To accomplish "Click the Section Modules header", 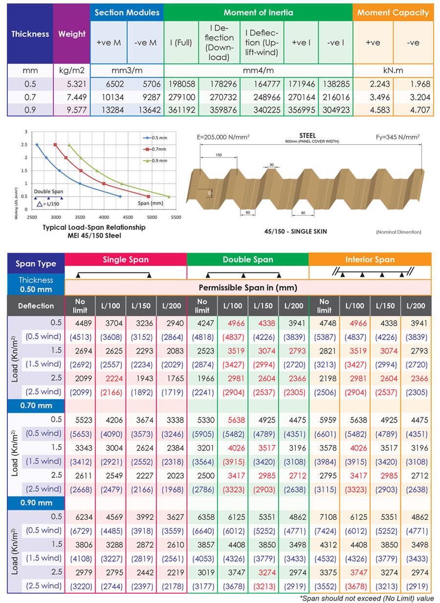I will [x=127, y=13].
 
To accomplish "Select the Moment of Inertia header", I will [x=258, y=13].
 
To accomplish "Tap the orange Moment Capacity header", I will [x=393, y=13].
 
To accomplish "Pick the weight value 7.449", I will [x=72, y=97].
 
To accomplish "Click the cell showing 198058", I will [x=182, y=85].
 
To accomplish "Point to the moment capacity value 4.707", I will [x=413, y=110].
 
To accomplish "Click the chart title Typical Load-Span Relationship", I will [x=94, y=227].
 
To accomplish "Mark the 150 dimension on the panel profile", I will [x=219, y=155].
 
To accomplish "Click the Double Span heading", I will [x=248, y=260].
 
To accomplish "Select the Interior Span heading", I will [x=370, y=260].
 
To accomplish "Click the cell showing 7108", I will [x=324, y=517].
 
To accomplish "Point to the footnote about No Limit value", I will [x=366, y=598].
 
